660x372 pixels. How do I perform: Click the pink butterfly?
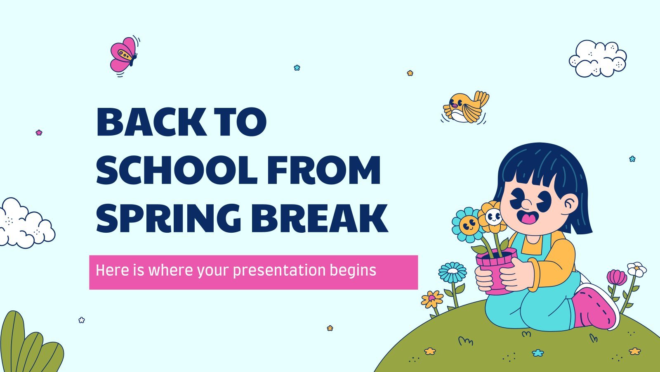click(x=123, y=55)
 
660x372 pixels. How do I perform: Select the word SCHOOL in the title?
click(x=177, y=170)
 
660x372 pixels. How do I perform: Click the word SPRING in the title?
click(x=169, y=218)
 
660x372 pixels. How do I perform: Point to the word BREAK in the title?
click(x=319, y=218)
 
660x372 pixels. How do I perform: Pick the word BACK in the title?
click(x=151, y=122)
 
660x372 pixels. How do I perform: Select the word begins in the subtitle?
click(x=353, y=271)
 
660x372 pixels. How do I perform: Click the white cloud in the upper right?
click(x=598, y=58)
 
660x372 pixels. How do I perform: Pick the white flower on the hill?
click(x=636, y=269)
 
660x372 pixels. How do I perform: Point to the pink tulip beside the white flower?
click(x=617, y=277)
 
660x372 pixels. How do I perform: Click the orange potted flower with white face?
click(x=492, y=217)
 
